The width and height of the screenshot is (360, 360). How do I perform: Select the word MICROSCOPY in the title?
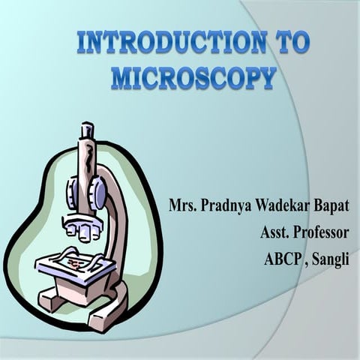coord(193,77)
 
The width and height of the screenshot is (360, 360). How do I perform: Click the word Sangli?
coord(331,261)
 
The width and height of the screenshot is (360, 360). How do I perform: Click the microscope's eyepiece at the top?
coord(88,132)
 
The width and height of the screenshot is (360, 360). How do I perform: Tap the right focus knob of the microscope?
coord(97,193)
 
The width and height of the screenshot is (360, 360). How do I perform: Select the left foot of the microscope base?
coord(51,300)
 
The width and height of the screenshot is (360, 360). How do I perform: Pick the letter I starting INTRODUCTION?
coord(82,43)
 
